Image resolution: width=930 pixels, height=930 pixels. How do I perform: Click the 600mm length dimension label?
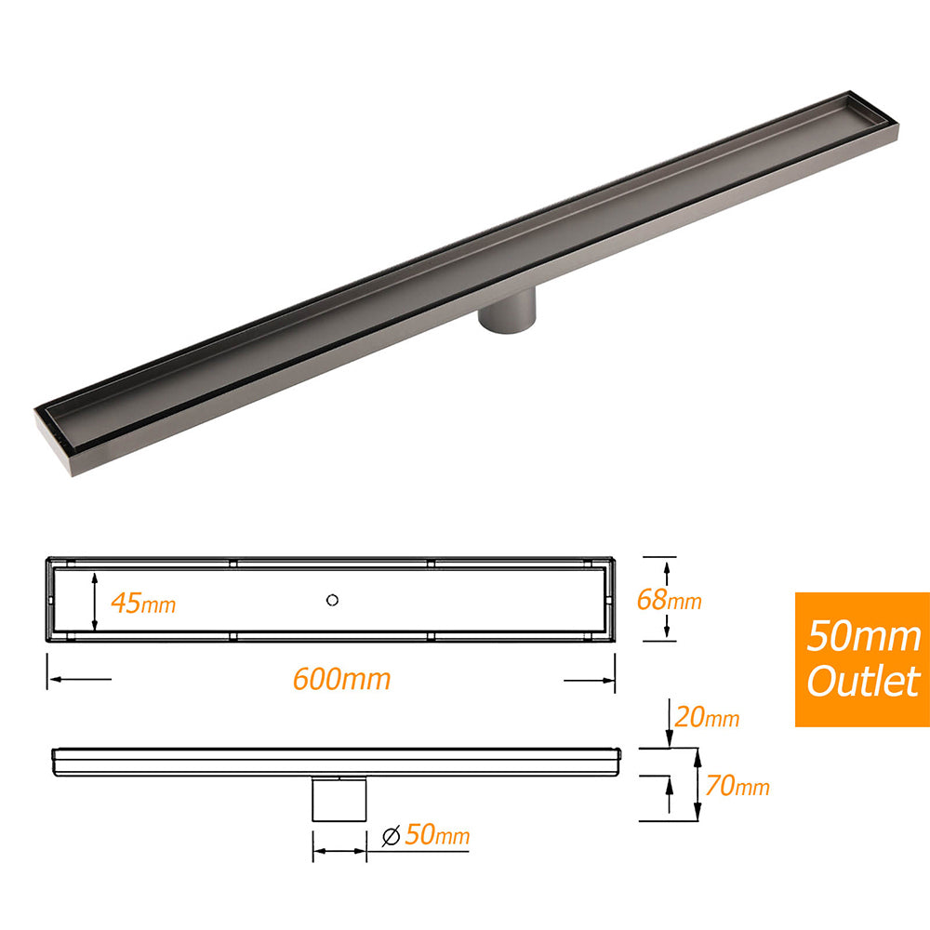(341, 679)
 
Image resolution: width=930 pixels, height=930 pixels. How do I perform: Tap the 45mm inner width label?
(142, 603)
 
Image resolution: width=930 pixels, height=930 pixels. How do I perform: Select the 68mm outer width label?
(669, 600)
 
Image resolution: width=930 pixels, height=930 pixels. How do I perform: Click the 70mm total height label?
(737, 787)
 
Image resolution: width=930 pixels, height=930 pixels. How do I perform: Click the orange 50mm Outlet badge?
(862, 659)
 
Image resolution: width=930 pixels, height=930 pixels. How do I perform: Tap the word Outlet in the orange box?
(862, 682)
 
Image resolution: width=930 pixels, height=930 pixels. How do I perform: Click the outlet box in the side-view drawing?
(339, 799)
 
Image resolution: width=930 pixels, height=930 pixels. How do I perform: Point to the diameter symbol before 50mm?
(392, 836)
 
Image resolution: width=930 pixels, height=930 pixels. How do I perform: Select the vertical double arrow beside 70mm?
(697, 786)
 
